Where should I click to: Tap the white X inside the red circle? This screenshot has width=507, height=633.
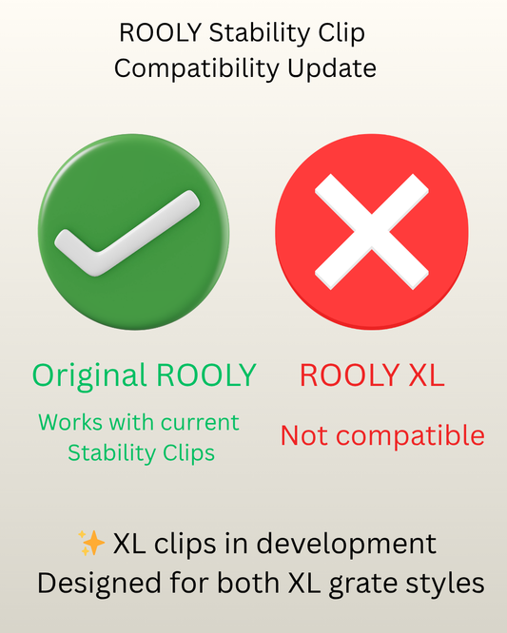372,232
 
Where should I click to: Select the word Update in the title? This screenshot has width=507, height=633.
332,68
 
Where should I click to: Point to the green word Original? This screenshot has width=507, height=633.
88,376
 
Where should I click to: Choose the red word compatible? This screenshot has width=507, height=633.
410,436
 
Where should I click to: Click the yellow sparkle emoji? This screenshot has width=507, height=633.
91,543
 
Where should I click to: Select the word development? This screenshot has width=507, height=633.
346,545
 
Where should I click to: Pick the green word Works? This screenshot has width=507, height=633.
70,423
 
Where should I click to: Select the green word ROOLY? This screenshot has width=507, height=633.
206,375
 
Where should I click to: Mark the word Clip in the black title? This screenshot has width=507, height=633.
341,33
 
